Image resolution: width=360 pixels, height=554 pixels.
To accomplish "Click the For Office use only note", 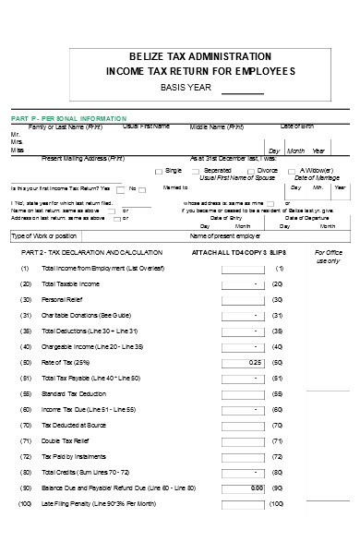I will (328, 256).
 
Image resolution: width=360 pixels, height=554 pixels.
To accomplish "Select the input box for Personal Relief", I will (239, 299).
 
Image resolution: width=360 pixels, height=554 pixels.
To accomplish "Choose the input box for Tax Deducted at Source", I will (239, 425).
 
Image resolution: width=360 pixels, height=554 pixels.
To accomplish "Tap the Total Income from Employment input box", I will (239, 268).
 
